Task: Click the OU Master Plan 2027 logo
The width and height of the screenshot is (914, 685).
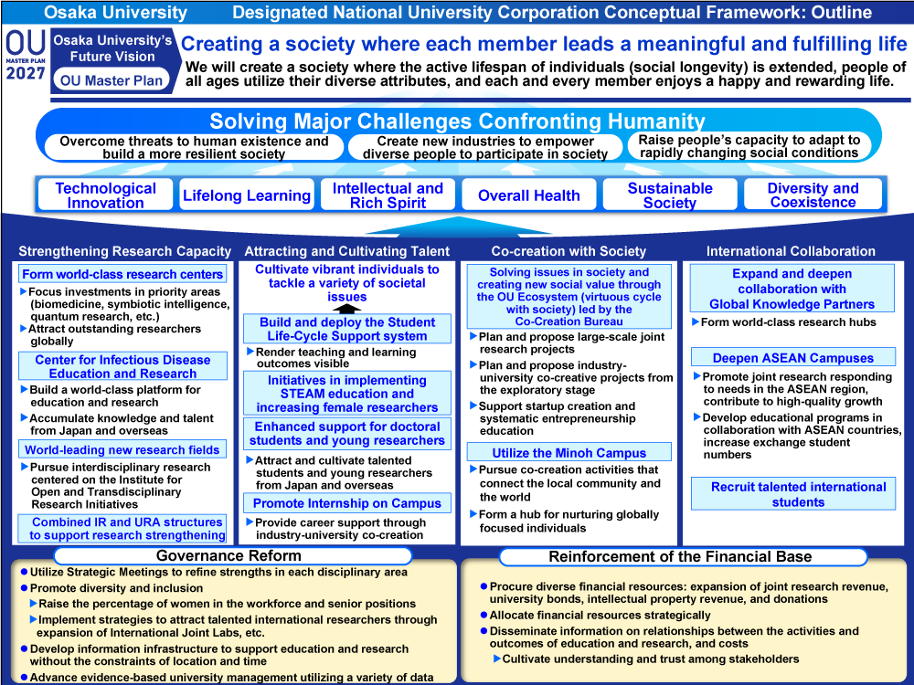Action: [24, 58]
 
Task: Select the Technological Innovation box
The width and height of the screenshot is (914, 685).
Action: [106, 195]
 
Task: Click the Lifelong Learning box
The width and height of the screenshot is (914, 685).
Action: [247, 195]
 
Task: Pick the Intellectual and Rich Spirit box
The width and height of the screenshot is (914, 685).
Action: [388, 195]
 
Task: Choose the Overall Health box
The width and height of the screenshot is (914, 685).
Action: [528, 195]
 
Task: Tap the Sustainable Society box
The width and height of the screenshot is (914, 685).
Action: [669, 195]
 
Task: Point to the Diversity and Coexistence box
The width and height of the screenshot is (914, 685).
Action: [813, 195]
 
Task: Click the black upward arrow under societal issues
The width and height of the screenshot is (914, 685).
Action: [346, 309]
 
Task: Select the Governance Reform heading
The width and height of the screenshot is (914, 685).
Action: [228, 555]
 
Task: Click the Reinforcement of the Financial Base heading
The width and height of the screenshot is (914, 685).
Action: [680, 556]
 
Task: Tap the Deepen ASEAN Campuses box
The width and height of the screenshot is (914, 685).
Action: [792, 358]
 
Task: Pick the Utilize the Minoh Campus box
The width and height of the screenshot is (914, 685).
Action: [569, 453]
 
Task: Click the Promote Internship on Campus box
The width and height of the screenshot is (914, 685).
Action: [346, 503]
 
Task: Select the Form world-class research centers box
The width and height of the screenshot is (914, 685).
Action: [122, 274]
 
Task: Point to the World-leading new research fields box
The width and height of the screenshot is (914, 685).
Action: [122, 449]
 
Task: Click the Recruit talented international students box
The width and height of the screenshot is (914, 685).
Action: [798, 494]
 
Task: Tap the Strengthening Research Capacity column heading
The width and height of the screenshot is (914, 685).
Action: [124, 251]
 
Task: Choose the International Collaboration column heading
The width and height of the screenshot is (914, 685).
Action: [791, 251]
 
